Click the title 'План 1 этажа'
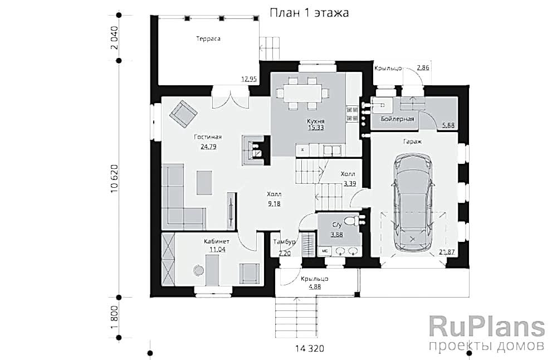point(309,13)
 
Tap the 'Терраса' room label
point(208,38)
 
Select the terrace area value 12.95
point(248,79)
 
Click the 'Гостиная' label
point(208,137)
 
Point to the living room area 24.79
point(208,147)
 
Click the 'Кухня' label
point(316,120)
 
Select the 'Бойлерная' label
point(397,119)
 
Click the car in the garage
point(412,203)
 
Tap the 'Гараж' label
point(412,142)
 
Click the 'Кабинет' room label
point(216,241)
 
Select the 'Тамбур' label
point(284,243)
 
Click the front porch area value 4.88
point(315,287)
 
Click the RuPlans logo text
point(486,326)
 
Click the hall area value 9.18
point(274,203)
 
